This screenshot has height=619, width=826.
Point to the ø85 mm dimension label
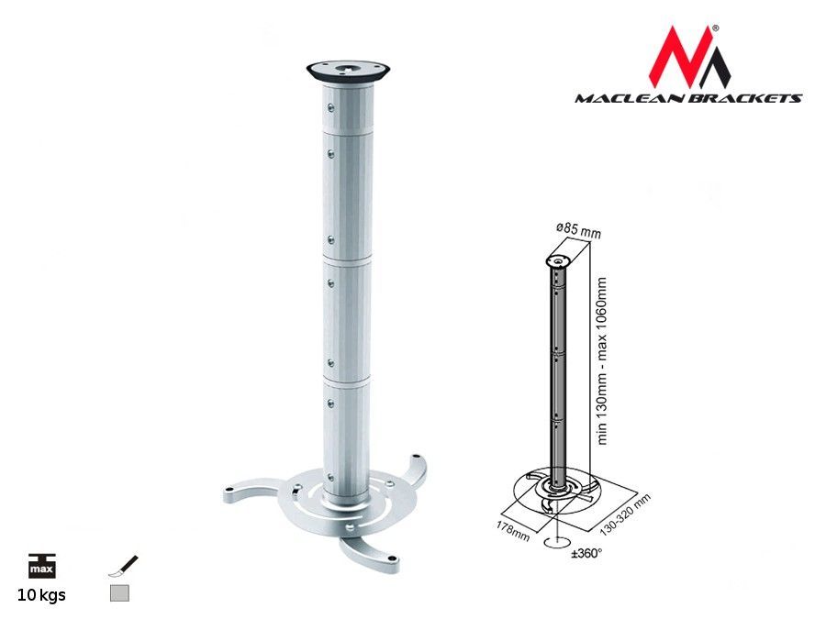point(578,230)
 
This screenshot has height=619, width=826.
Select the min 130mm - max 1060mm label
point(603,361)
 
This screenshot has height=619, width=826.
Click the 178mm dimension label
point(512,530)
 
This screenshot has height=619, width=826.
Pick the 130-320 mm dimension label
point(625,514)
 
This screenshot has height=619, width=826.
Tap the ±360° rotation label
point(586,553)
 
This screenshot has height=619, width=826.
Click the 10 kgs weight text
point(41,595)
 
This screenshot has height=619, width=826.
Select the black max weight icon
point(41,566)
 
